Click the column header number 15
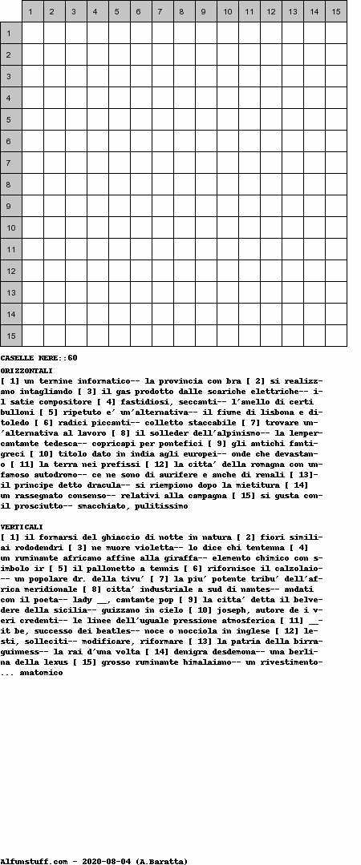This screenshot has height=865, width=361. [336, 11]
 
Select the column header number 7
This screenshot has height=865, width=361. [163, 11]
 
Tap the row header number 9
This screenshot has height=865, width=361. [11, 206]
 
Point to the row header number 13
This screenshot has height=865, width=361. [11, 292]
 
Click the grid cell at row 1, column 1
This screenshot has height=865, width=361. [33, 33]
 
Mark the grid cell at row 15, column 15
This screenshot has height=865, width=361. [336, 336]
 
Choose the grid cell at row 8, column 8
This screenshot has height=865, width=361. [185, 184]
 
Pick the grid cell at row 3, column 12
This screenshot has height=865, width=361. [271, 76]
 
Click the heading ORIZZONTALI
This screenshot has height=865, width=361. [26, 371]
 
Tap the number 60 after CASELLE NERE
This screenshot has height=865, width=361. [72, 357]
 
